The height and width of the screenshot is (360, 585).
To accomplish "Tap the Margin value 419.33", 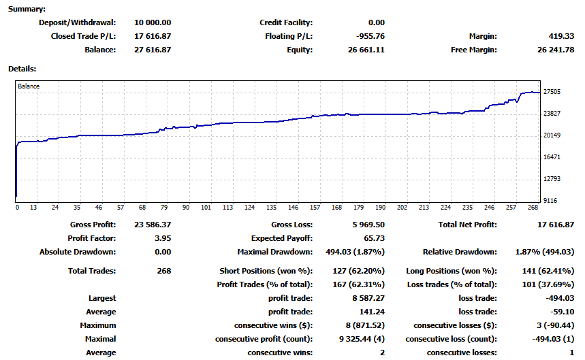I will (x=560, y=36).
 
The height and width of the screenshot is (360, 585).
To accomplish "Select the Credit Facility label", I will (x=286, y=22).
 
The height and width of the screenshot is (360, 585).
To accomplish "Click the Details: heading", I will (x=22, y=69).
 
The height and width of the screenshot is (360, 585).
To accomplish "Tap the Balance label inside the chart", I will (x=29, y=86).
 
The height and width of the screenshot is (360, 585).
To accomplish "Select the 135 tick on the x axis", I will (x=272, y=208).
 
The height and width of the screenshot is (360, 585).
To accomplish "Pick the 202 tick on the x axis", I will (x=402, y=208).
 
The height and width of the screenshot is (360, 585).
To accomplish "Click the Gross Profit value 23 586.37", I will (x=149, y=225).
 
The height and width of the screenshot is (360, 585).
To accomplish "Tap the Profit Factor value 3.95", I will (x=162, y=238).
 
